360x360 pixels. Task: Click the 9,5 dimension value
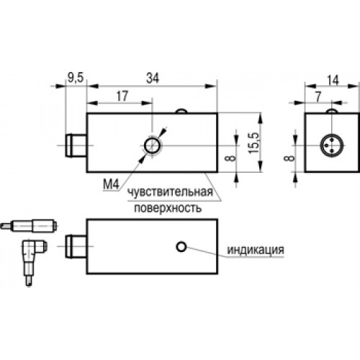tap(75, 78)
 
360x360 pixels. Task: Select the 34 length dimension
tap(153, 78)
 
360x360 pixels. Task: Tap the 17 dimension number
tap(122, 96)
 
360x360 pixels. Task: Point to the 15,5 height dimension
tap(254, 143)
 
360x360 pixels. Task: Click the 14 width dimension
tap(333, 80)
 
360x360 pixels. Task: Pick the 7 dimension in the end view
tap(318, 97)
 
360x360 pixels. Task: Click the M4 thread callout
tap(111, 184)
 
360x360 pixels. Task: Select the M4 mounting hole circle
tap(152, 145)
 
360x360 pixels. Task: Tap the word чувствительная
tap(171, 192)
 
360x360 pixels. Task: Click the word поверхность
tap(168, 208)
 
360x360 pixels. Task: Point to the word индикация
tap(256, 250)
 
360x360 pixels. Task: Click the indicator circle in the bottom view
tap(181, 246)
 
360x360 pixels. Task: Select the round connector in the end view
tap(332, 145)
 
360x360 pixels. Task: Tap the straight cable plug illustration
tap(28, 225)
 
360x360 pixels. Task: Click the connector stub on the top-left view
tap(76, 145)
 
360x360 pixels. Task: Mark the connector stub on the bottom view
tap(76, 246)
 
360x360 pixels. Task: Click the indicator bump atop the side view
tap(181, 111)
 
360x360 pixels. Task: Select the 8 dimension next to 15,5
tap(230, 158)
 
